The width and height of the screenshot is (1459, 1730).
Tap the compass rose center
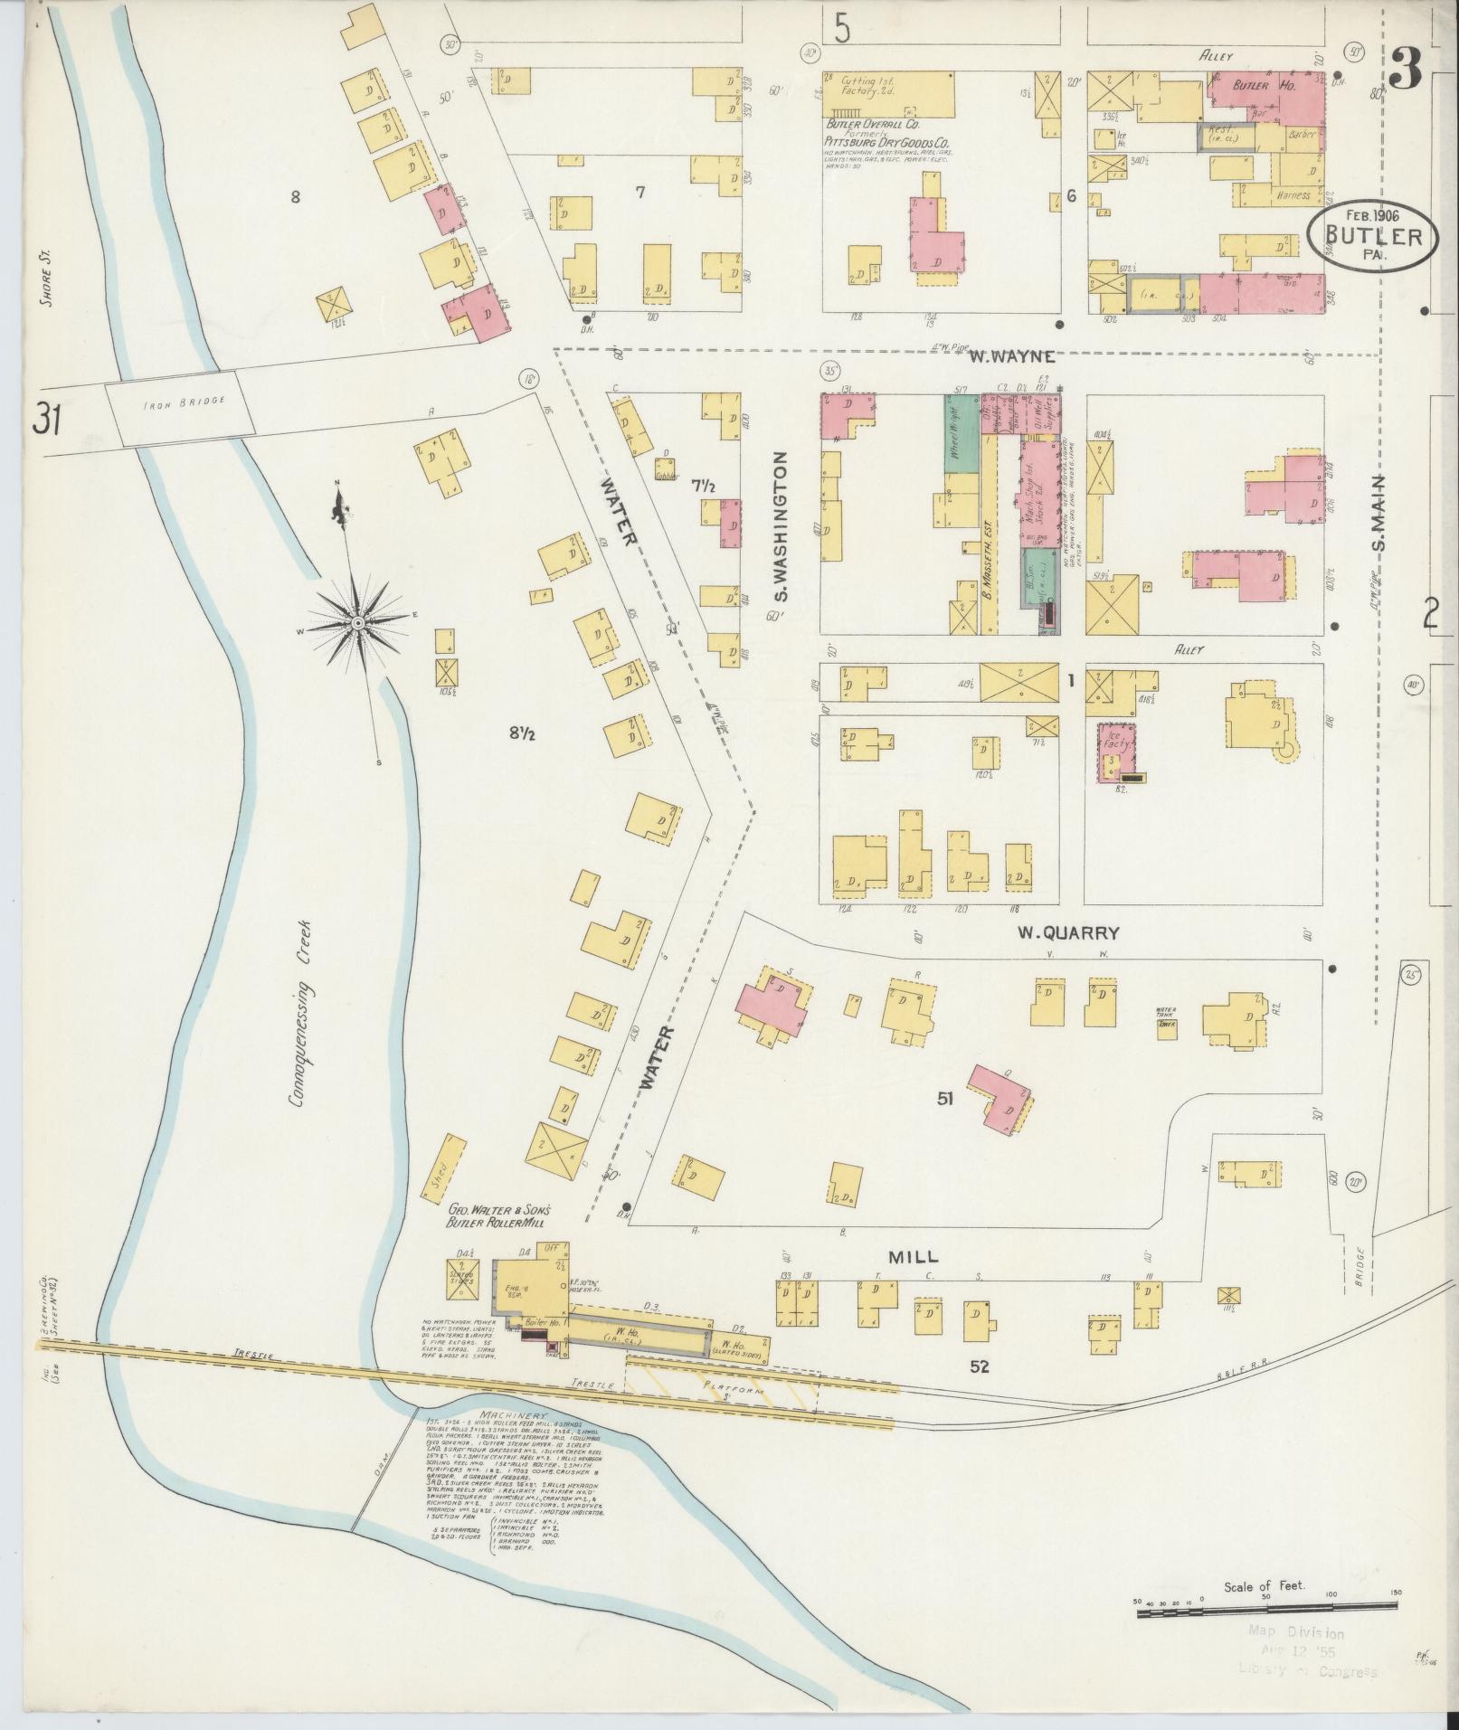pyautogui.click(x=358, y=624)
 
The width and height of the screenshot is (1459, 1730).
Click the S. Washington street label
pyautogui.click(x=782, y=527)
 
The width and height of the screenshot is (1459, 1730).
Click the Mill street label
pyautogui.click(x=913, y=1256)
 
